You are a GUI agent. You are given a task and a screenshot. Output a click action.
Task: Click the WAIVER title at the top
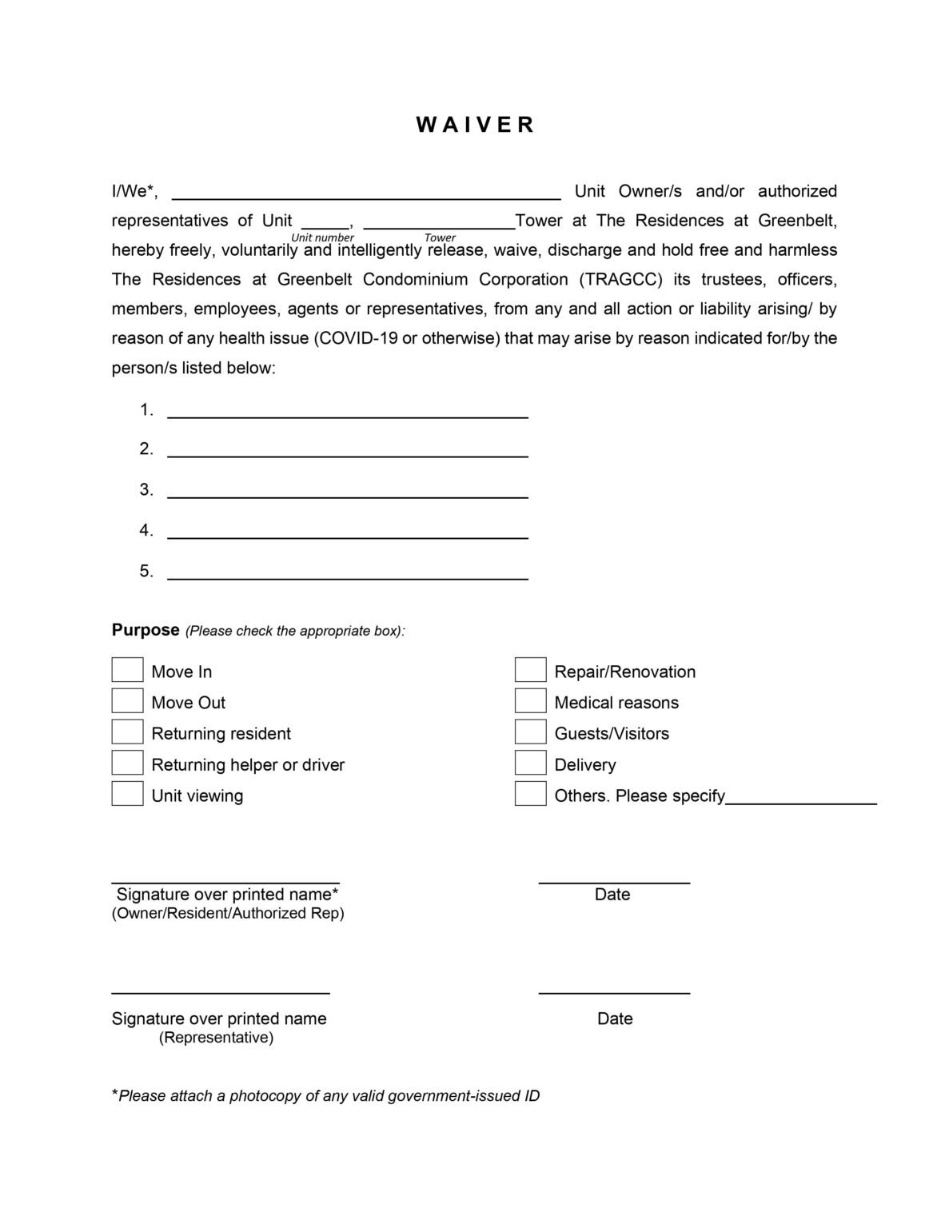475,125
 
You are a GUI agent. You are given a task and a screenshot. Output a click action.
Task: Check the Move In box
127,670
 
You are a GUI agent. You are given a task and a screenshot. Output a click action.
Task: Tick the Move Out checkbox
127,701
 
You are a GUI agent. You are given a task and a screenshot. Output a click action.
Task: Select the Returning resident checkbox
127,732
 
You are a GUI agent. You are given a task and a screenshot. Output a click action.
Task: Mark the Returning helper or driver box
127,763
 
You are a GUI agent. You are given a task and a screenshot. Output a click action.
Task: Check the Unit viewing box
127,794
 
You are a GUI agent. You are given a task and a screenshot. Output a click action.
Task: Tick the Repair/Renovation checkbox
530,670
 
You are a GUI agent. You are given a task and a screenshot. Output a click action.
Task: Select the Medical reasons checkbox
530,701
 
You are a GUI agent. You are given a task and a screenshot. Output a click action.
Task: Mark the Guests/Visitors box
530,732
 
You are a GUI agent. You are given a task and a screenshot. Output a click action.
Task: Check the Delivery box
530,763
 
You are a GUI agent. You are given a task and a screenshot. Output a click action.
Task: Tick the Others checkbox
530,794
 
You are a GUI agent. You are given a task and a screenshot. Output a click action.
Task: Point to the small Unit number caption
322,237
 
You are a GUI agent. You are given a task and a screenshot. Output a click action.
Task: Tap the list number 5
146,571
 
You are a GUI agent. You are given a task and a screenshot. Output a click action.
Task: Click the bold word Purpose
146,630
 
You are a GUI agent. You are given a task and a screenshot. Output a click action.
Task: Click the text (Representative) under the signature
216,1038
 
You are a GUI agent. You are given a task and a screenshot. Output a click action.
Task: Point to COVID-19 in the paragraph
358,338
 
